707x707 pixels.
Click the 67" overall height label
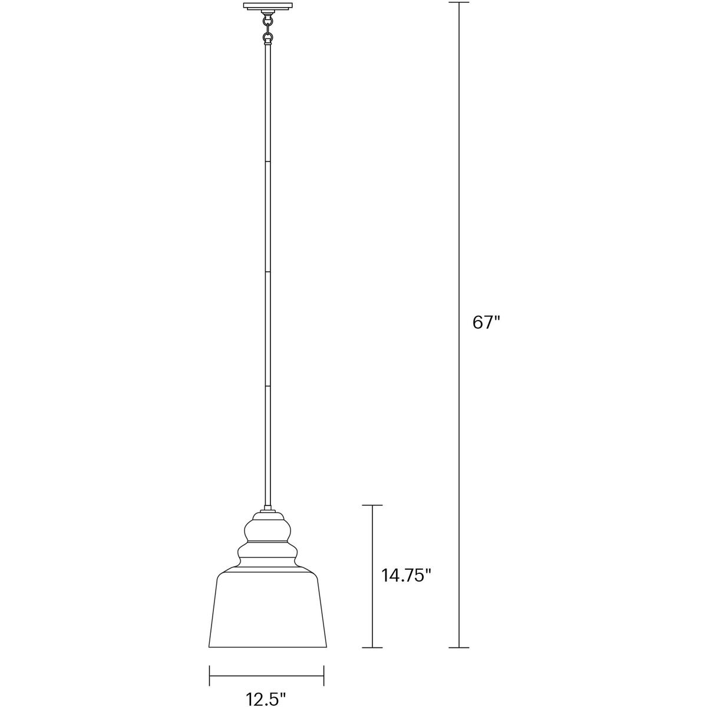point(486,323)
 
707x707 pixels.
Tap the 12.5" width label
point(266,699)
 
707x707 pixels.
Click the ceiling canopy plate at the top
point(269,7)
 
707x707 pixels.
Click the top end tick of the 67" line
point(459,3)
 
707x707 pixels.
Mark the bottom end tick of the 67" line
point(459,647)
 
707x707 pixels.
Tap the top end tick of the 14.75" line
point(372,506)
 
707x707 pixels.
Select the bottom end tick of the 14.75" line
point(372,647)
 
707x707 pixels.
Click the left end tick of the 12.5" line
point(210,676)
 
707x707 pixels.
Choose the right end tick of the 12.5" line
point(323,676)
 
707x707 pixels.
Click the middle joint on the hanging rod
point(269,273)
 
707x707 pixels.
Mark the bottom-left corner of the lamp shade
point(210,646)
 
